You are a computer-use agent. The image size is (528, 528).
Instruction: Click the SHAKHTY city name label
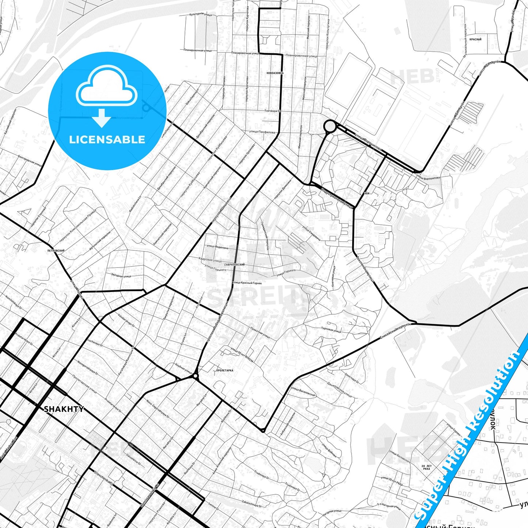(x=64, y=409)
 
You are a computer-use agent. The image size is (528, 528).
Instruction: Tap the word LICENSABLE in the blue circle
(x=107, y=140)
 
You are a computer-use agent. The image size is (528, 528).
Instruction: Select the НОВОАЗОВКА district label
(x=275, y=73)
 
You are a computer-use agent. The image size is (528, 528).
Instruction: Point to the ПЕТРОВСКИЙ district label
(x=56, y=251)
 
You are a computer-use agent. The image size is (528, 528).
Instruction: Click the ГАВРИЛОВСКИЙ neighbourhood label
(x=235, y=264)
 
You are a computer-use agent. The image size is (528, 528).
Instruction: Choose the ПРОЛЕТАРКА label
(x=225, y=370)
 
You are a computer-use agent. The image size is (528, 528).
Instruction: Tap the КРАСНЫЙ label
(x=475, y=39)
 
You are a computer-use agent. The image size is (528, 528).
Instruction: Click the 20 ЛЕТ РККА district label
(x=426, y=467)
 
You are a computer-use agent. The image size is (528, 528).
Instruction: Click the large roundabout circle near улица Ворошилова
(x=330, y=126)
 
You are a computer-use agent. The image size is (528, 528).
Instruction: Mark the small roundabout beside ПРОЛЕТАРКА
(x=195, y=376)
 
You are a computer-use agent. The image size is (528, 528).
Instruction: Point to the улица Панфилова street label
(x=262, y=132)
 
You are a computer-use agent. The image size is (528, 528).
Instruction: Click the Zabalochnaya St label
(x=252, y=504)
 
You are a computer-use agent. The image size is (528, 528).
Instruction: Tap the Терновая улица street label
(x=331, y=330)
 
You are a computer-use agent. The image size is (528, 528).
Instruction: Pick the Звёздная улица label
(x=121, y=275)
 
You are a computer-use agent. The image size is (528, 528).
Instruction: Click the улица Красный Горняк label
(x=247, y=282)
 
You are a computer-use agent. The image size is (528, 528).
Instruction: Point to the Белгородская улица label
(x=30, y=160)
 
